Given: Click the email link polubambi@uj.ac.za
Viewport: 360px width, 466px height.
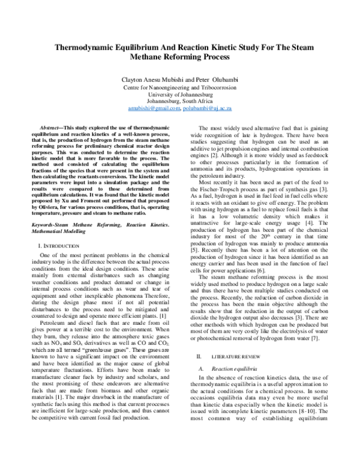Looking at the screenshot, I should (208, 109).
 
